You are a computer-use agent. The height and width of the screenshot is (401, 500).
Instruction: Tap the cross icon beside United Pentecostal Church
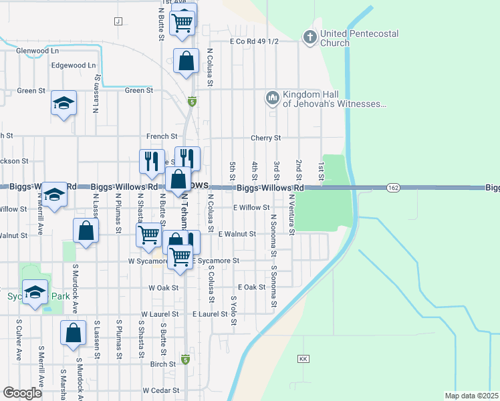pyautogui.click(x=309, y=37)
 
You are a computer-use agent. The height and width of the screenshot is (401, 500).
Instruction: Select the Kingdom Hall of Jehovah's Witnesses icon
pyautogui.click(x=272, y=98)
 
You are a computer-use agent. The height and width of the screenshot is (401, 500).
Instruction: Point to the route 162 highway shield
pyautogui.click(x=393, y=189)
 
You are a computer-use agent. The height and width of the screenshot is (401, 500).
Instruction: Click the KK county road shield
pyautogui.click(x=303, y=359)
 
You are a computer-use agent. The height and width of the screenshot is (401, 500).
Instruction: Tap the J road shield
pyautogui.click(x=118, y=21)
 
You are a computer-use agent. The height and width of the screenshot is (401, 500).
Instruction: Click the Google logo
pyautogui.click(x=22, y=393)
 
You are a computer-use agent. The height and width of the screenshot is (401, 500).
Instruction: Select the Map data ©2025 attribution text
pyautogui.click(x=472, y=396)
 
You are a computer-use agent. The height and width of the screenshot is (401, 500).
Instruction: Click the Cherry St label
pyautogui.click(x=265, y=138)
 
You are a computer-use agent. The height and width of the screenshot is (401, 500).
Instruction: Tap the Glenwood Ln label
pyautogui.click(x=37, y=50)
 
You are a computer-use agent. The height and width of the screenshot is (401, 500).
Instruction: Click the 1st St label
pyautogui.click(x=321, y=170)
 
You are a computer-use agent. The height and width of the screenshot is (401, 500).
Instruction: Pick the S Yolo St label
pyautogui.click(x=234, y=311)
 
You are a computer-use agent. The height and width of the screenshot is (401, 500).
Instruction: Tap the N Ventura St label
pyautogui.click(x=291, y=214)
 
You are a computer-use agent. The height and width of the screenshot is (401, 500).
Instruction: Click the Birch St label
pyautogui.click(x=163, y=364)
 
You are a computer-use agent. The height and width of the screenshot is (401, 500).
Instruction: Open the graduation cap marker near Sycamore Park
pyautogui.click(x=35, y=292)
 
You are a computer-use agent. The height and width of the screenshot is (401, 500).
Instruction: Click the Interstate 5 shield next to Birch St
pyautogui.click(x=186, y=360)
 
